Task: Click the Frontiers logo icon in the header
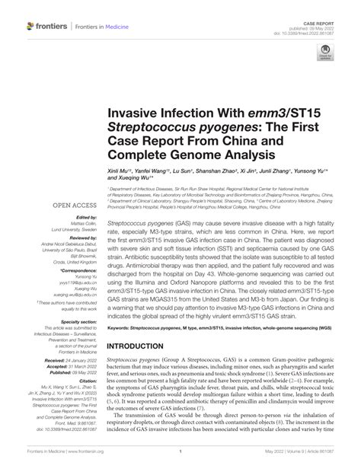coord(31,26)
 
